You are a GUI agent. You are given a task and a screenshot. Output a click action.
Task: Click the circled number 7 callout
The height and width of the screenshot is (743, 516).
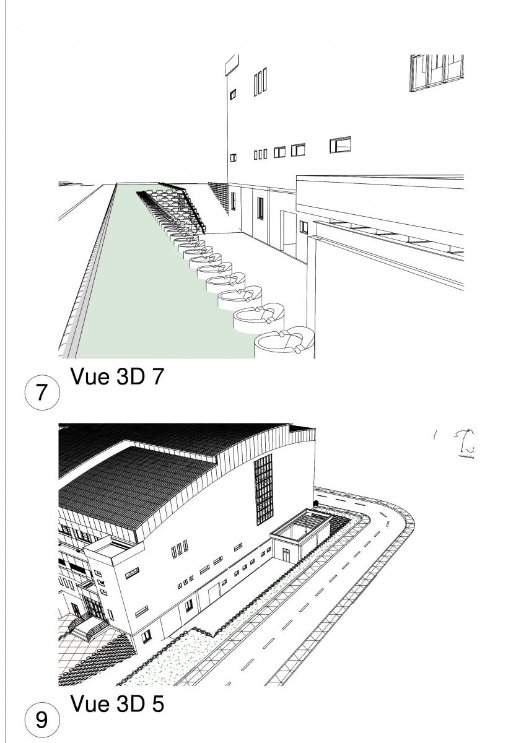pyautogui.click(x=42, y=393)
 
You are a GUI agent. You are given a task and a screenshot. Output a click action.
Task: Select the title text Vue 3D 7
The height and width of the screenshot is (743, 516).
pyautogui.click(x=117, y=376)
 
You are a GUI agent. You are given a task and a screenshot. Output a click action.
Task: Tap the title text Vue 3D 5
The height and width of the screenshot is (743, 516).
pyautogui.click(x=117, y=703)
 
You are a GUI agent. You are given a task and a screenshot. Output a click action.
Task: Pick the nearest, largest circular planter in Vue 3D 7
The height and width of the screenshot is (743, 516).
pyautogui.click(x=284, y=342)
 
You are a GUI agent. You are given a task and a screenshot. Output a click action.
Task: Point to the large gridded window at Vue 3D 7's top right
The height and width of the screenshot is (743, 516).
pyautogui.click(x=436, y=72)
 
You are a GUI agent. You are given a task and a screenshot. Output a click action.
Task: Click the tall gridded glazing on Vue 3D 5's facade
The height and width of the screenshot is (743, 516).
pyautogui.click(x=264, y=489)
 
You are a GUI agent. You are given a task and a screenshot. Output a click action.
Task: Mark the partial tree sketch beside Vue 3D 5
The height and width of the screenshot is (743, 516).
pyautogui.click(x=465, y=443)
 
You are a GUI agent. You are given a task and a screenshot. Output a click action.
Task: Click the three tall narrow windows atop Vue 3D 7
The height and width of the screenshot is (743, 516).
pyautogui.click(x=260, y=81)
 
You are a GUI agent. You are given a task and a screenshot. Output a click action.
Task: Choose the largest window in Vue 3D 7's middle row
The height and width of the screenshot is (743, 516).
pyautogui.click(x=340, y=145)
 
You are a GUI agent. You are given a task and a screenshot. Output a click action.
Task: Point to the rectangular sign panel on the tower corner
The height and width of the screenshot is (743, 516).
pyautogui.click(x=232, y=65)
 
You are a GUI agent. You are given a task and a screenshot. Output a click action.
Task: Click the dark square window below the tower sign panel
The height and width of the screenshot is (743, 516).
pyautogui.click(x=233, y=94)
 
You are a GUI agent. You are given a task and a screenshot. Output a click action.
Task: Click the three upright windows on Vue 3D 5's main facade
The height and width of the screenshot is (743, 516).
pyautogui.click(x=180, y=549)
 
